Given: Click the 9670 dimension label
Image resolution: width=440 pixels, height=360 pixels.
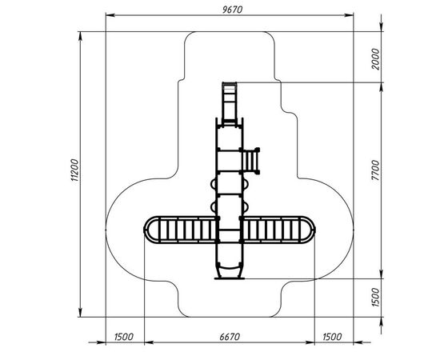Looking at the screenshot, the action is (232, 10).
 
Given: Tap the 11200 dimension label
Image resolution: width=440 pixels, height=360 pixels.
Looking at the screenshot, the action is (75, 170).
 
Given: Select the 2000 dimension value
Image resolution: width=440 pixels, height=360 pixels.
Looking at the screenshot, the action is (375, 59).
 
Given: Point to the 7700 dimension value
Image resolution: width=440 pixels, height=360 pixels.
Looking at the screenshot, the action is (375, 170).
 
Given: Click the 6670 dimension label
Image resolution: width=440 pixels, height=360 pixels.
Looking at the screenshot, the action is (230, 337).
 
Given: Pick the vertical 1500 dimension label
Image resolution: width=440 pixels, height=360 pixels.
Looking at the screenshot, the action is (375, 297).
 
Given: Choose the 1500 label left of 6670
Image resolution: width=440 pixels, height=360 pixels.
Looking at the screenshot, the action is (124, 337).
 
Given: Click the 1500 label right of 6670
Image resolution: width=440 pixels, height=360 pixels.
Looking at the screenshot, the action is (332, 337).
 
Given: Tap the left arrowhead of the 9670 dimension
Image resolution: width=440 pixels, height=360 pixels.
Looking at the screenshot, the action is (110, 15).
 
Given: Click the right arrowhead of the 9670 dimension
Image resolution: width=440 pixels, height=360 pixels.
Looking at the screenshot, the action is (349, 15).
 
